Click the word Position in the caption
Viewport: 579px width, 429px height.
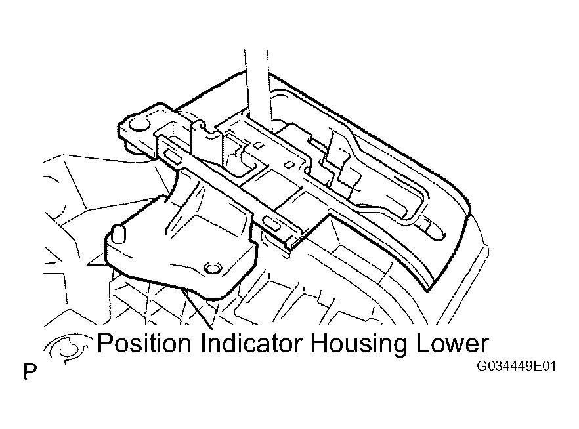click(144, 343)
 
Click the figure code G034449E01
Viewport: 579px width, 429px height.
click(516, 366)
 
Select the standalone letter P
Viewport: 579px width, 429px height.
click(30, 372)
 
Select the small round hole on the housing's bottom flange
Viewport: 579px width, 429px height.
click(213, 268)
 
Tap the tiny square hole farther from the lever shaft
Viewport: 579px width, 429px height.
click(290, 164)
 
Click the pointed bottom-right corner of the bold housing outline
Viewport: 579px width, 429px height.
click(428, 291)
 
